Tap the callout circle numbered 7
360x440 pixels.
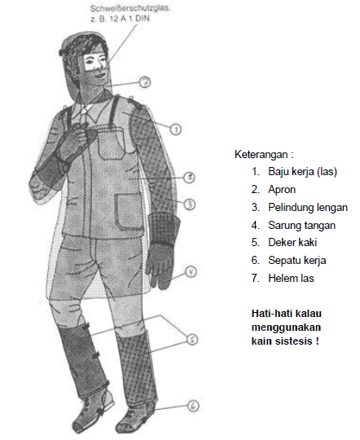coord(144,81)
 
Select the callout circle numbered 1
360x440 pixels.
coord(175,128)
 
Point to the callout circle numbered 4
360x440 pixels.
coord(190,273)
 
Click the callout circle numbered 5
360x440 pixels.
coord(191,339)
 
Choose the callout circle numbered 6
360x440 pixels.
coord(193,405)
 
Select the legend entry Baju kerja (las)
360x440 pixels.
coord(302,171)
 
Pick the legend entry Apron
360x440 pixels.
coord(283,189)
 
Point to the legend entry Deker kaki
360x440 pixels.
coord(294,243)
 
